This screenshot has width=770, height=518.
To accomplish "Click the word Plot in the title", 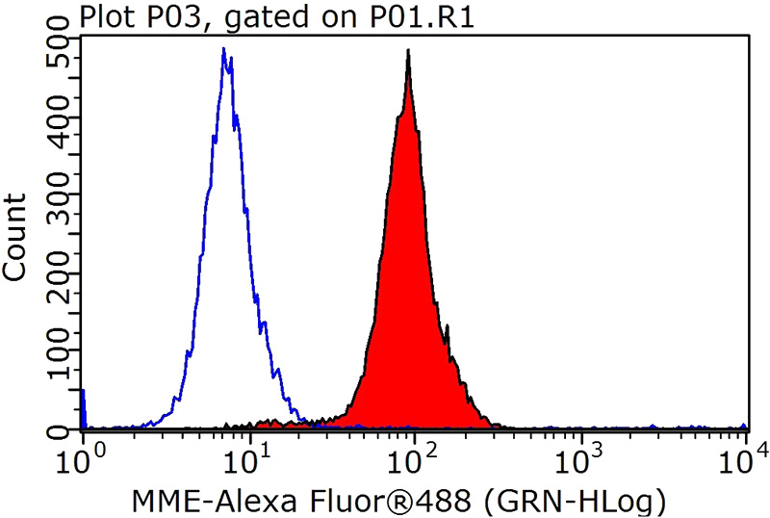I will pyautogui.click(x=103, y=16).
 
